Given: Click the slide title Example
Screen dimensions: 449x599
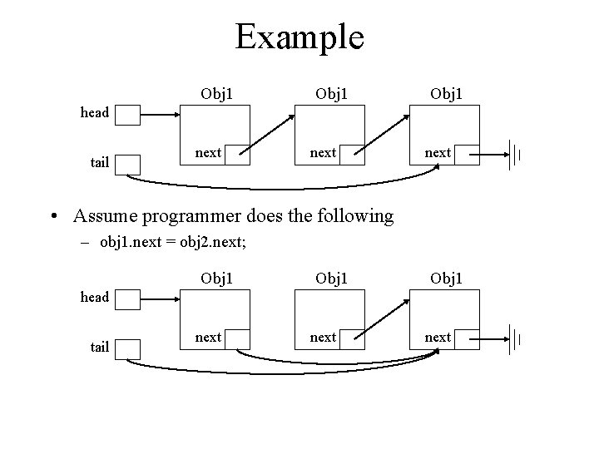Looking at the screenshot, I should tap(299, 37).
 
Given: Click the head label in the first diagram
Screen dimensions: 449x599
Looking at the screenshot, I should tap(95, 112).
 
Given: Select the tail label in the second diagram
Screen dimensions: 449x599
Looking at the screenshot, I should tap(100, 347).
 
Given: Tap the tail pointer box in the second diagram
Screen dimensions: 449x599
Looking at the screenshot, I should tap(127, 348).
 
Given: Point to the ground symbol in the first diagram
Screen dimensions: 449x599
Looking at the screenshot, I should tap(514, 154).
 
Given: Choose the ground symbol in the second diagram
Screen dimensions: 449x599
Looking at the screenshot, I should tap(514, 338).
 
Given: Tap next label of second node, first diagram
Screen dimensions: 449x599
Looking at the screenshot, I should tap(323, 152).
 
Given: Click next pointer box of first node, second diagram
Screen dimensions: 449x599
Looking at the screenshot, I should tap(237, 338).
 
